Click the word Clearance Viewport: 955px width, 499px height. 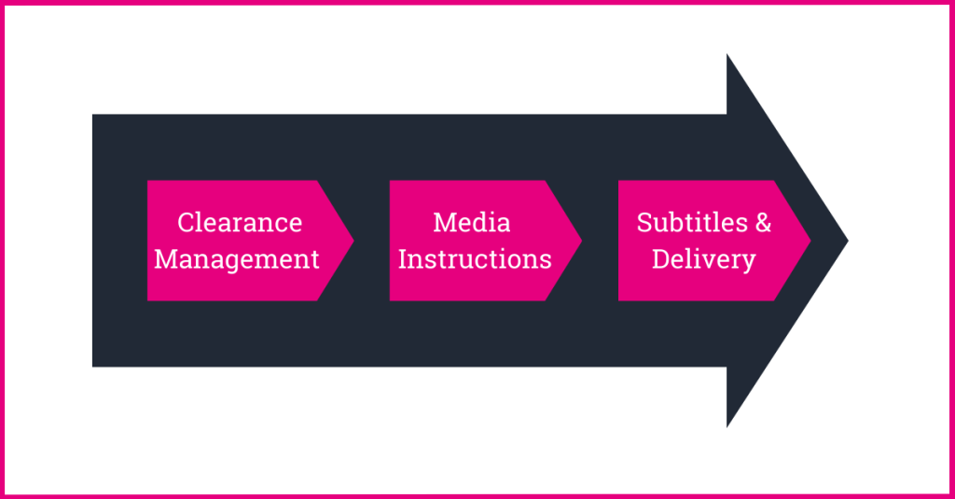[240, 223]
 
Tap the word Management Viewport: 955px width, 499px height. [237, 258]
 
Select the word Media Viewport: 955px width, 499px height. [472, 223]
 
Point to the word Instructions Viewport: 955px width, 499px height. [475, 258]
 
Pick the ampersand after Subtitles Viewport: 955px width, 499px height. [763, 223]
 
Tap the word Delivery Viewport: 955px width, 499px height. [703, 258]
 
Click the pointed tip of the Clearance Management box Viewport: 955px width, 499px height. [353, 241]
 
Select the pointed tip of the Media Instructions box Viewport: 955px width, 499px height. [581, 241]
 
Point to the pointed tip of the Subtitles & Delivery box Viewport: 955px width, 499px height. [810, 241]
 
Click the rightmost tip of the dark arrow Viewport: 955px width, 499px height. [847, 241]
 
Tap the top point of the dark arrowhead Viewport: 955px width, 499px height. [727, 55]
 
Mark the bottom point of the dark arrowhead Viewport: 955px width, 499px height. [727, 426]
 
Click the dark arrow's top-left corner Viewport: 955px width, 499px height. [93, 116]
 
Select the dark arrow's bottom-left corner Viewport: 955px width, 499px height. [93, 366]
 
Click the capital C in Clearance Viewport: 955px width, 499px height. [186, 223]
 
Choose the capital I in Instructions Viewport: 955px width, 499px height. [403, 258]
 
